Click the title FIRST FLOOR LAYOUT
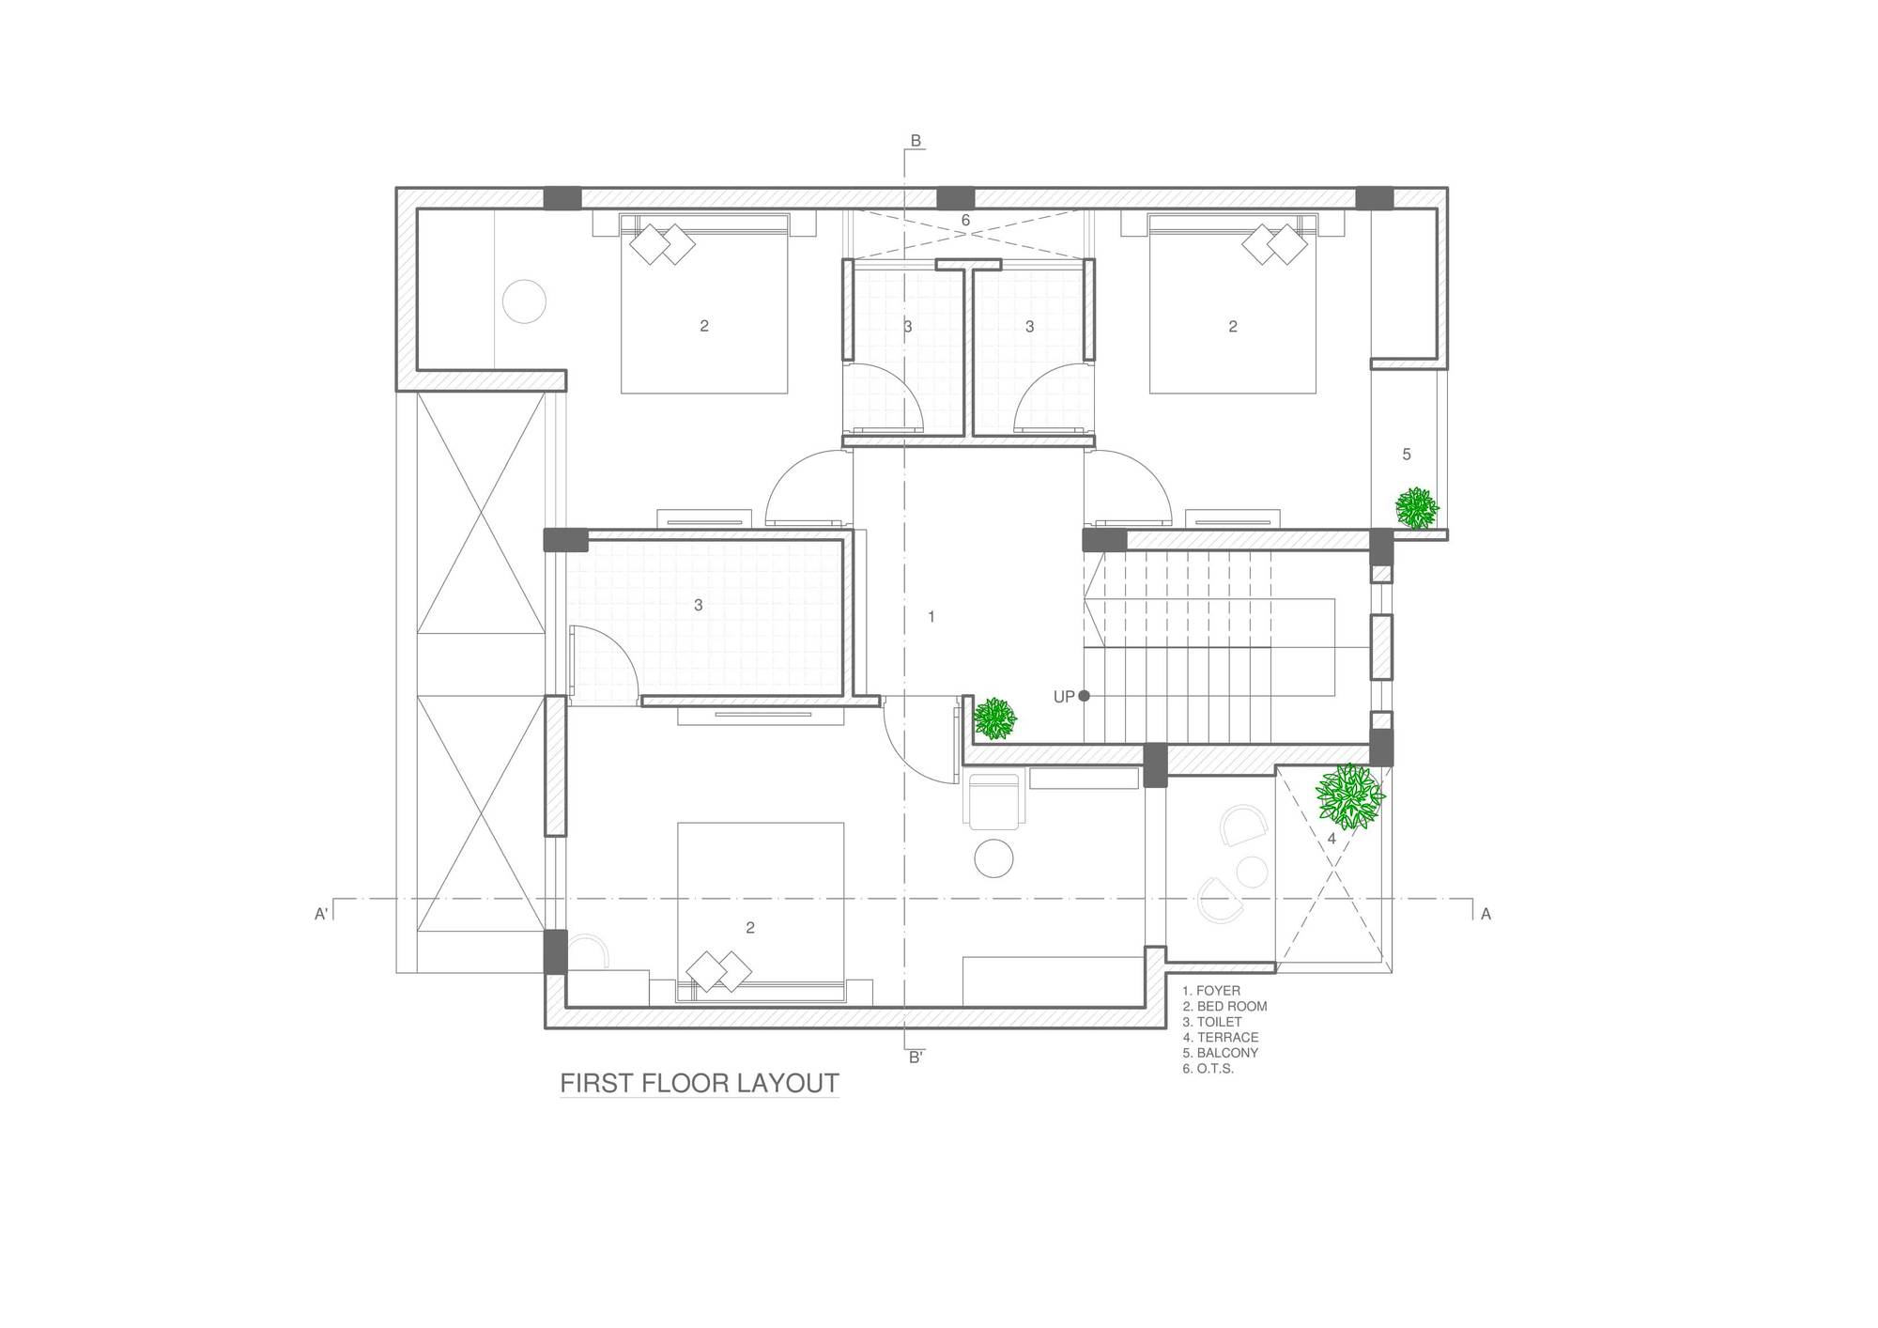click(x=700, y=1083)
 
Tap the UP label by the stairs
click(x=1064, y=697)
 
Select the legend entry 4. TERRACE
click(x=1221, y=1037)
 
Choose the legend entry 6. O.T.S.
click(x=1208, y=1069)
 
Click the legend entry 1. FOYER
click(x=1211, y=990)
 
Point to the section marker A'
click(x=320, y=913)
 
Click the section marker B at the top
click(x=916, y=141)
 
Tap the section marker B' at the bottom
click(x=916, y=1057)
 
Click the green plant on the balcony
click(x=1416, y=508)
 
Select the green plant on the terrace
click(x=1350, y=796)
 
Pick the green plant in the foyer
click(x=994, y=718)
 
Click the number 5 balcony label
click(x=1406, y=455)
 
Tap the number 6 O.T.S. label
click(x=965, y=221)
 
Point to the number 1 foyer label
click(x=931, y=617)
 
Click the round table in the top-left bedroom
click(x=524, y=301)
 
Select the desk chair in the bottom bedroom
click(x=993, y=800)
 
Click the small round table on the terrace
click(x=1252, y=872)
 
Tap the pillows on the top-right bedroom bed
click(x=1275, y=245)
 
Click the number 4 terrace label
click(x=1331, y=839)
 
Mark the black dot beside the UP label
click(x=1084, y=696)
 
